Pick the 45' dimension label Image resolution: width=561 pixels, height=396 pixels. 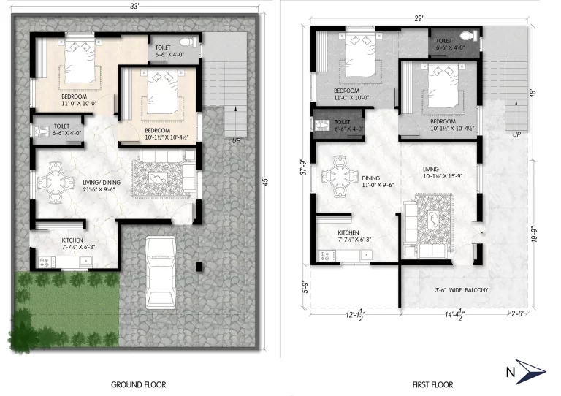point(265,180)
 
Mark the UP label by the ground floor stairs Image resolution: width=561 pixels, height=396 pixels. point(235,140)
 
